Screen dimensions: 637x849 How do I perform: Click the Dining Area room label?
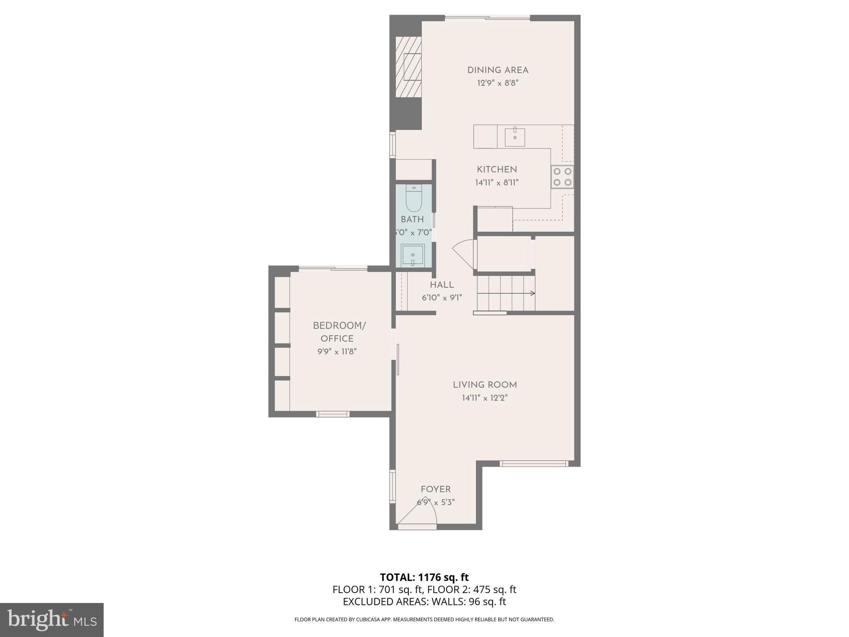497,70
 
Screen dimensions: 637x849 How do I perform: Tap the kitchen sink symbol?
514,137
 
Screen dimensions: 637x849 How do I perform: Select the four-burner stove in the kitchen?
562,177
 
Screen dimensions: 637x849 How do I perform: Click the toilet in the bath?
413,199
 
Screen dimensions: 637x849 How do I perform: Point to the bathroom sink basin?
412,255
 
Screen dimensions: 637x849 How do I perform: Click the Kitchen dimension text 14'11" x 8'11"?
497,182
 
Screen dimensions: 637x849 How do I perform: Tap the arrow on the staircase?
532,293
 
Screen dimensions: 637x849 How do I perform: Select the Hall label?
441,285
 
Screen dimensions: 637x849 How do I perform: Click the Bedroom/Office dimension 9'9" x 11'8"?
337,352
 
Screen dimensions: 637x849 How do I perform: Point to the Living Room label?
485,385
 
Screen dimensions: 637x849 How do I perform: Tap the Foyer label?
435,489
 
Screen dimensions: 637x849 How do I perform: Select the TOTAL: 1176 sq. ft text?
424,577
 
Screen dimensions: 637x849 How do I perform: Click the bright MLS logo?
51,620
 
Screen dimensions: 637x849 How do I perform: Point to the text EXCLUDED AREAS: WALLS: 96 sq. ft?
424,602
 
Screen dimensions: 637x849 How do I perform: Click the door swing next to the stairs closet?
463,253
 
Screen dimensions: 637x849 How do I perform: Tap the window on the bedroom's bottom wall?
332,414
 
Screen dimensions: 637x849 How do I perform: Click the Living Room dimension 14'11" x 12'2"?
485,398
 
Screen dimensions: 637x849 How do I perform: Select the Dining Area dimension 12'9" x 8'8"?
497,83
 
